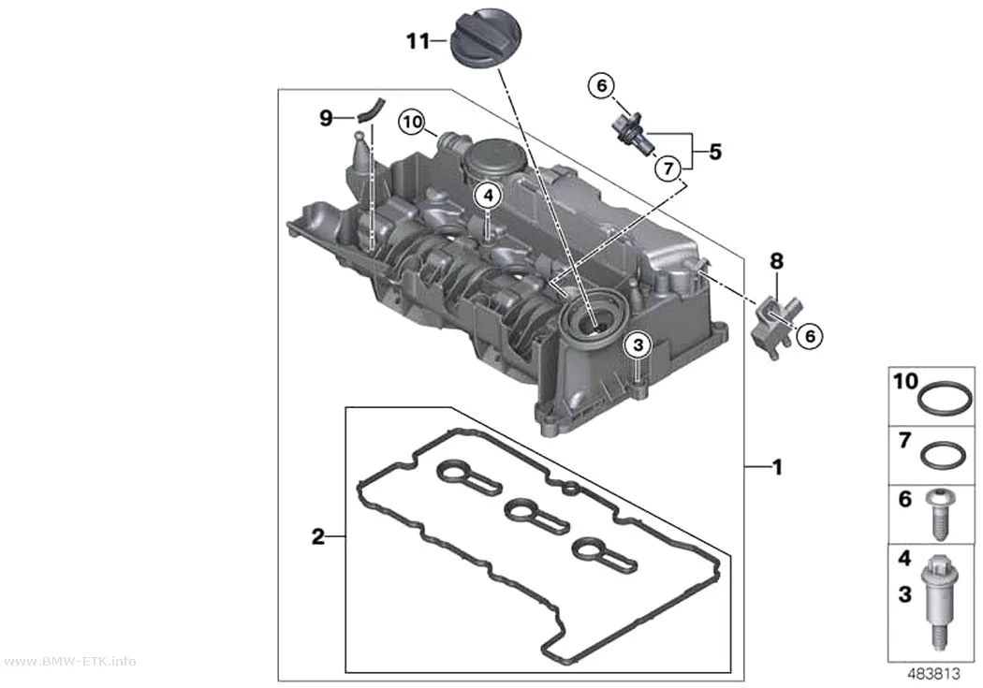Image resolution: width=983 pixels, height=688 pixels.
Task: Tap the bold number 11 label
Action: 418,41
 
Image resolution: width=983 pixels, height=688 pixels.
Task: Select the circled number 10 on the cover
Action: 413,122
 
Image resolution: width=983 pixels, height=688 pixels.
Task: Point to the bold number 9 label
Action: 326,117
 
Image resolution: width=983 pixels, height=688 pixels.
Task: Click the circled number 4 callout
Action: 489,197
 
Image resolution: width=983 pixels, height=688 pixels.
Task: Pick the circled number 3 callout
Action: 638,344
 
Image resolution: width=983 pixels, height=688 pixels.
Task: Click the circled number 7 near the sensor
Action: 668,168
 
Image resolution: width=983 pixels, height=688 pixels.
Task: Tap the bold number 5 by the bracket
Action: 715,152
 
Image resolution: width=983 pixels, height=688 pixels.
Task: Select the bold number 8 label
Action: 777,260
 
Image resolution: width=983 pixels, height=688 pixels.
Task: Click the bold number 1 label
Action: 777,467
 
